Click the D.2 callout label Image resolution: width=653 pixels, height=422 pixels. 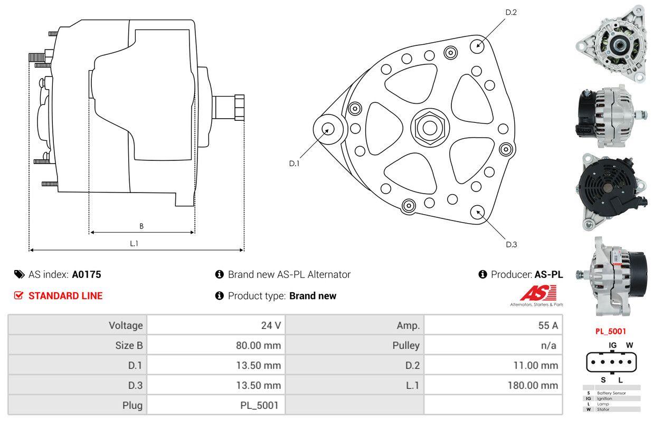coord(511,13)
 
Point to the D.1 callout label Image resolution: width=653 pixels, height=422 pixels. coord(294,164)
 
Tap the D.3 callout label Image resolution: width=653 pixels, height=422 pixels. coord(512,245)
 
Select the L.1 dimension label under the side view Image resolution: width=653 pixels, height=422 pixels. coord(134,244)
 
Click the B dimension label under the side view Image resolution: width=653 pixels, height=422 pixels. coord(141,226)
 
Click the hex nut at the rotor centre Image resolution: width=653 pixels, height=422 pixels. coord(430,128)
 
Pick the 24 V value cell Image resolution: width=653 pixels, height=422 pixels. coord(271,325)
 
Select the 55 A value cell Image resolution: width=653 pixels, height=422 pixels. coord(548,325)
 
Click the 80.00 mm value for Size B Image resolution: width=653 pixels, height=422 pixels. coord(258,346)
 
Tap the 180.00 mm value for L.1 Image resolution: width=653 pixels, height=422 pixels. coord(533,385)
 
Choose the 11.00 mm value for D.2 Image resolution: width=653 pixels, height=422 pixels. coord(535,365)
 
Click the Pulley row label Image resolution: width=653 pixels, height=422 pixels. coord(406,346)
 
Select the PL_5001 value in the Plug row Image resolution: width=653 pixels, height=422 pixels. coord(259,406)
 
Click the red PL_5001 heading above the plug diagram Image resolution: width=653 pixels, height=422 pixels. coord(610,331)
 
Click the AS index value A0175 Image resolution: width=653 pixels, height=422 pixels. coord(86,274)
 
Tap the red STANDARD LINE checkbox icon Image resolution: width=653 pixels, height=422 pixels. coord(18,295)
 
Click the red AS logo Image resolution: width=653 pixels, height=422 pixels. coord(538,293)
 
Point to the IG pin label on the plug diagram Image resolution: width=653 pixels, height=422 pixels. coord(612,345)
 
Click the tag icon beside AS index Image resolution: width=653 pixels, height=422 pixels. coord(19,274)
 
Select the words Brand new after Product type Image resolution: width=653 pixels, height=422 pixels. coord(313,296)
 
